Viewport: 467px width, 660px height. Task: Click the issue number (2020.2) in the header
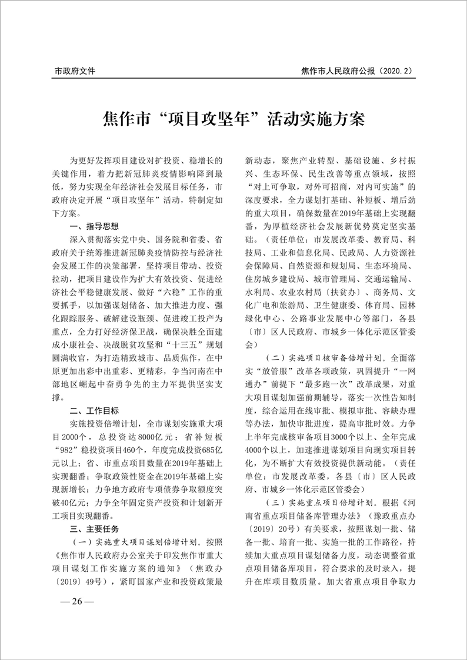pos(391,72)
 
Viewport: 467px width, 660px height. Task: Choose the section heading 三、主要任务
pos(94,528)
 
